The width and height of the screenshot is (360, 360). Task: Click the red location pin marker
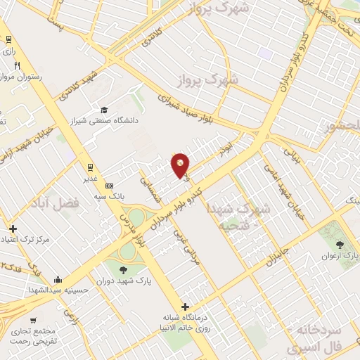[x=181, y=165]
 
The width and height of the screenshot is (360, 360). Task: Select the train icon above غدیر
[x=91, y=167]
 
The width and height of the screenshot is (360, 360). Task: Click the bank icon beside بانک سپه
[x=108, y=186]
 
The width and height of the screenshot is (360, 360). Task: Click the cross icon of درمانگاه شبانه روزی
[x=185, y=307]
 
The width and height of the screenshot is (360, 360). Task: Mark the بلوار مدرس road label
[x=151, y=243]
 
